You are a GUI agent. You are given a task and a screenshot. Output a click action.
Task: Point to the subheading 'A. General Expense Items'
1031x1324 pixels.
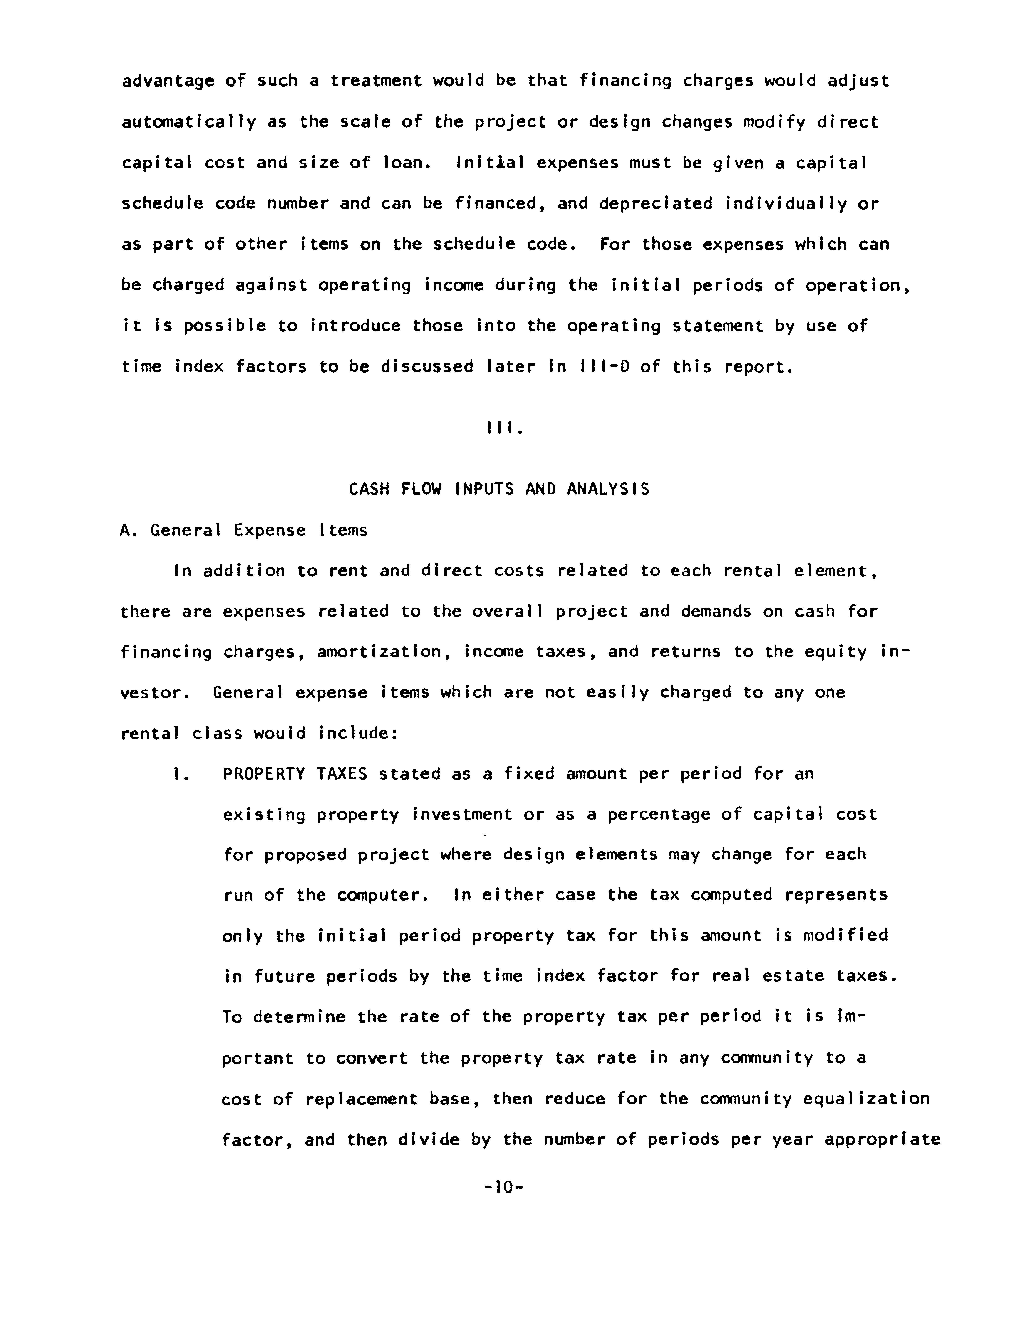pos(244,530)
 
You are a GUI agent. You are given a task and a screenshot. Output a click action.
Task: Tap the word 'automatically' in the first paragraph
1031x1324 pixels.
pos(189,122)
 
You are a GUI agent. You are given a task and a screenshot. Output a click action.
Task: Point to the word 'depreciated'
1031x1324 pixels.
pos(656,204)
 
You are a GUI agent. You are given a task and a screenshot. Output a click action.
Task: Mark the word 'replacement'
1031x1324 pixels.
pos(361,1099)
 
